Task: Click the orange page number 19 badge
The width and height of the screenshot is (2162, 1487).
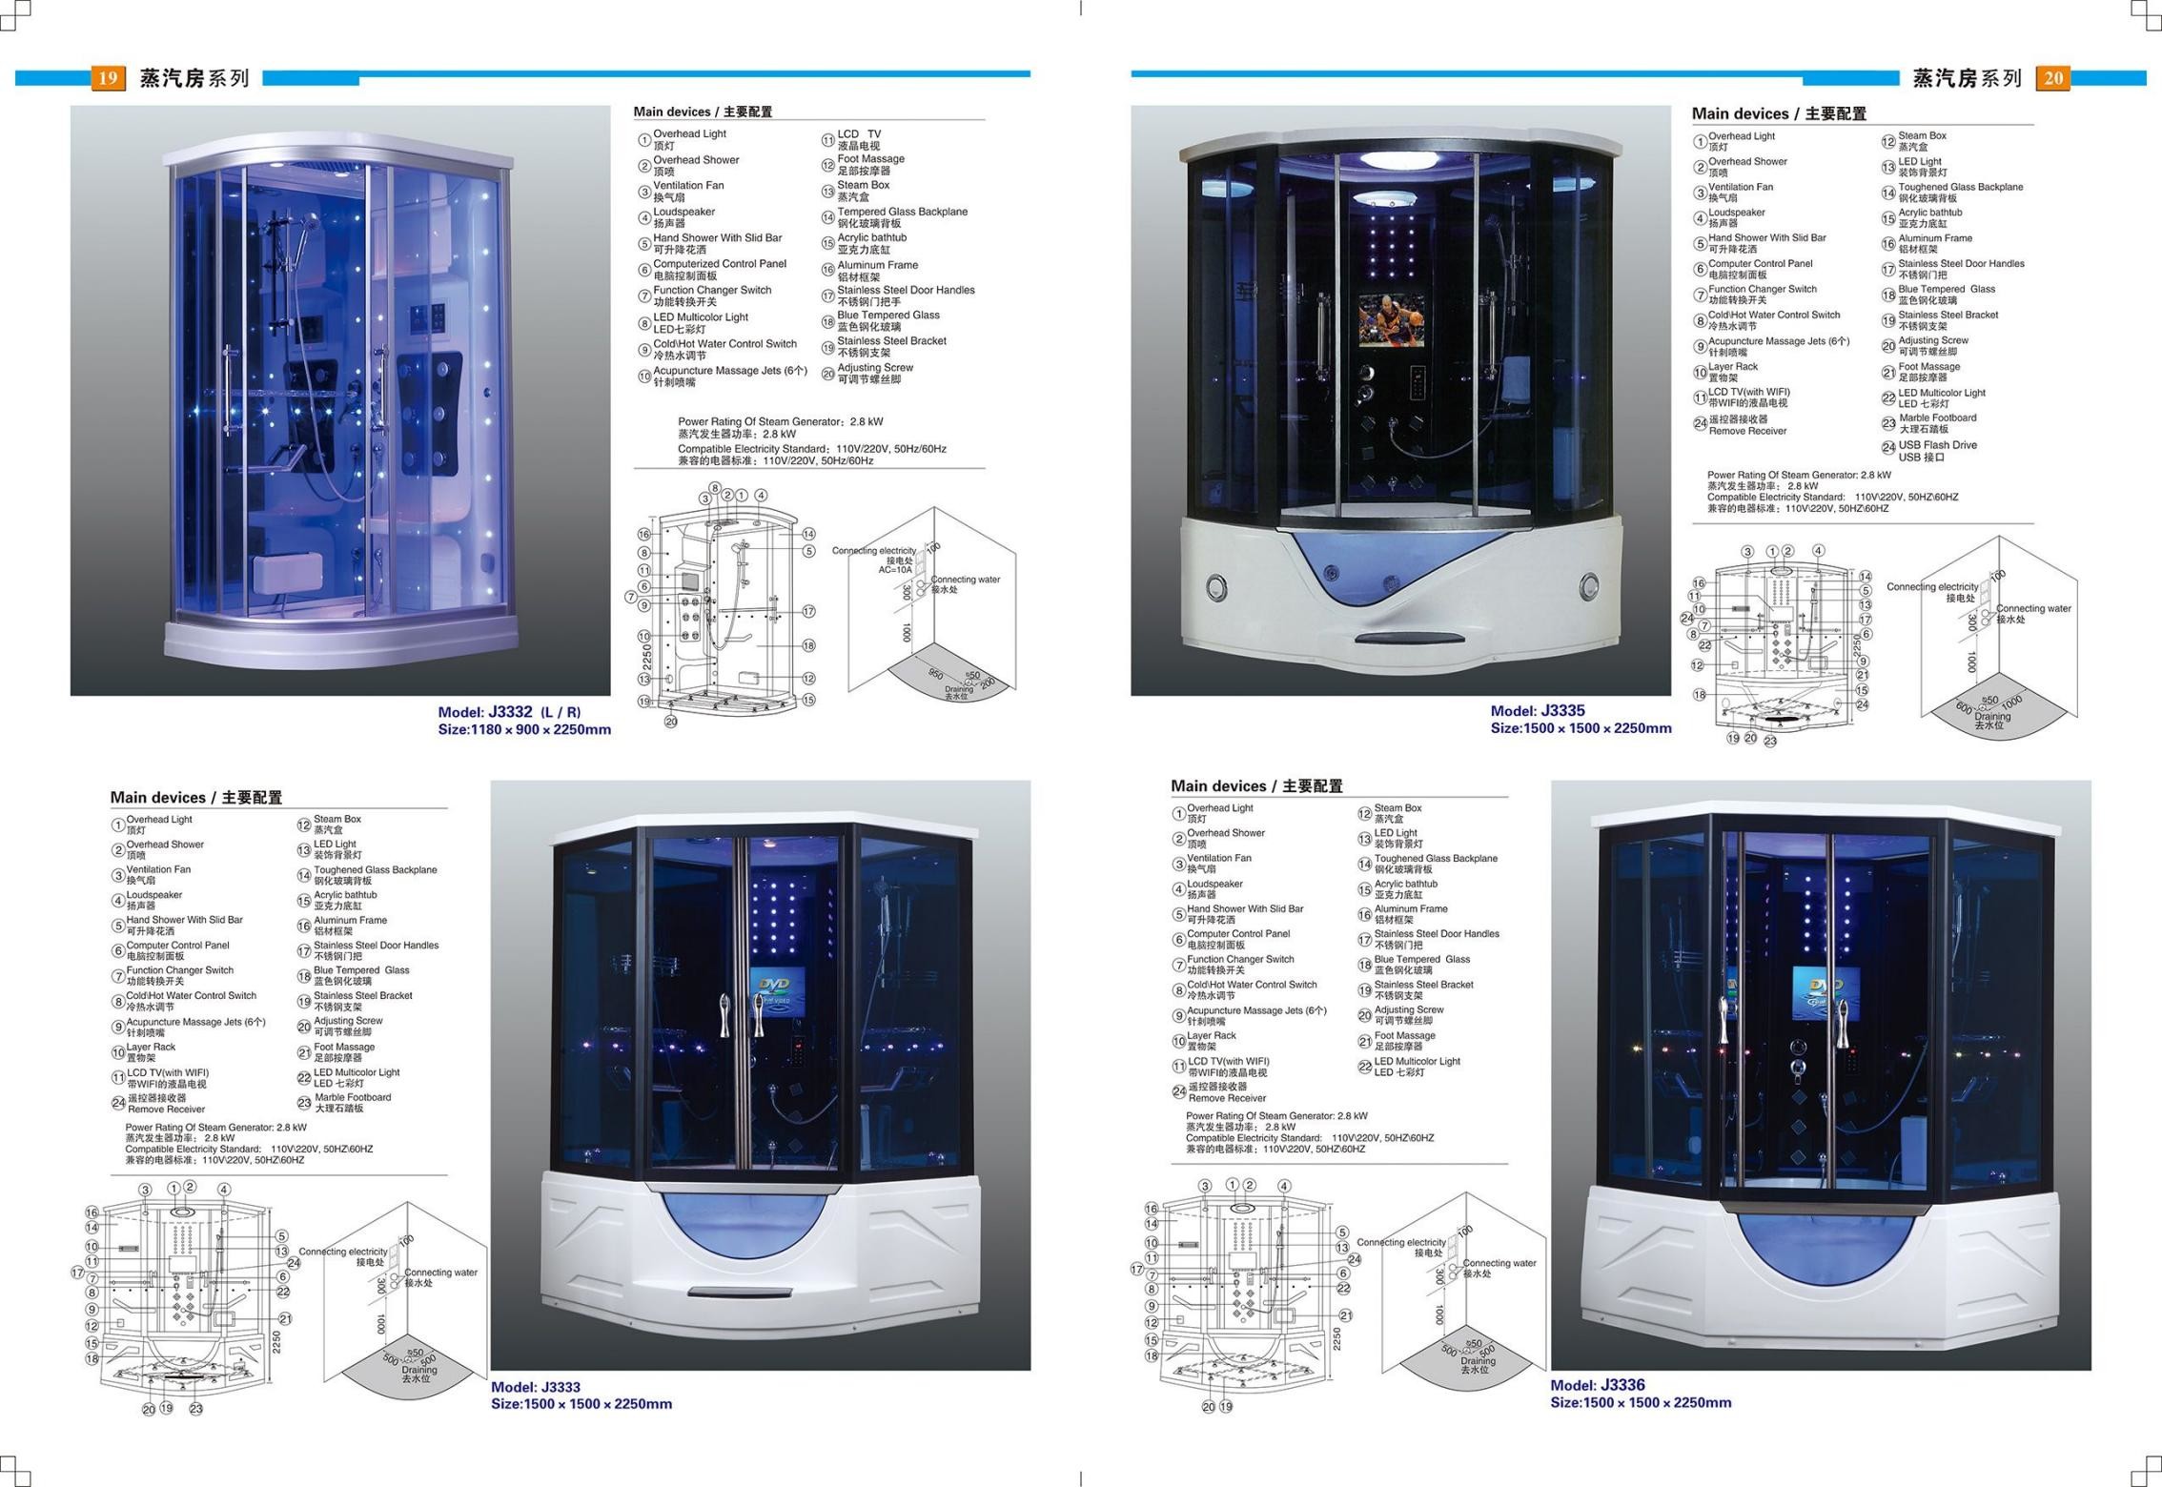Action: (108, 78)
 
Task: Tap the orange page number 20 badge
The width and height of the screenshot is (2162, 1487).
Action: (2053, 78)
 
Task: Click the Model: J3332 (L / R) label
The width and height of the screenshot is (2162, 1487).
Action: (509, 712)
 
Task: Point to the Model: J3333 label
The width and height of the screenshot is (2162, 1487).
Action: (535, 1387)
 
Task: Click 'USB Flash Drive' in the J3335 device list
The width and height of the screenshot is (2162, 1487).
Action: (1937, 445)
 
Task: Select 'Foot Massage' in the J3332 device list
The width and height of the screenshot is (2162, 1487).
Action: (870, 159)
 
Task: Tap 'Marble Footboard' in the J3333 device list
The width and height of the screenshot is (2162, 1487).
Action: (353, 1097)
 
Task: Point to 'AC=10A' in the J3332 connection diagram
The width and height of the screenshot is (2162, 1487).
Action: (895, 570)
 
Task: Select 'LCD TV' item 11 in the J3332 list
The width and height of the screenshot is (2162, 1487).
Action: (858, 134)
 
